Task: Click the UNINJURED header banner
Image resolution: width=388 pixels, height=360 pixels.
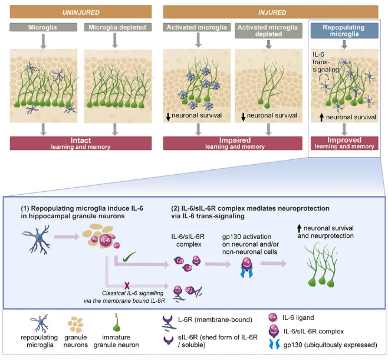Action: tap(81, 11)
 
